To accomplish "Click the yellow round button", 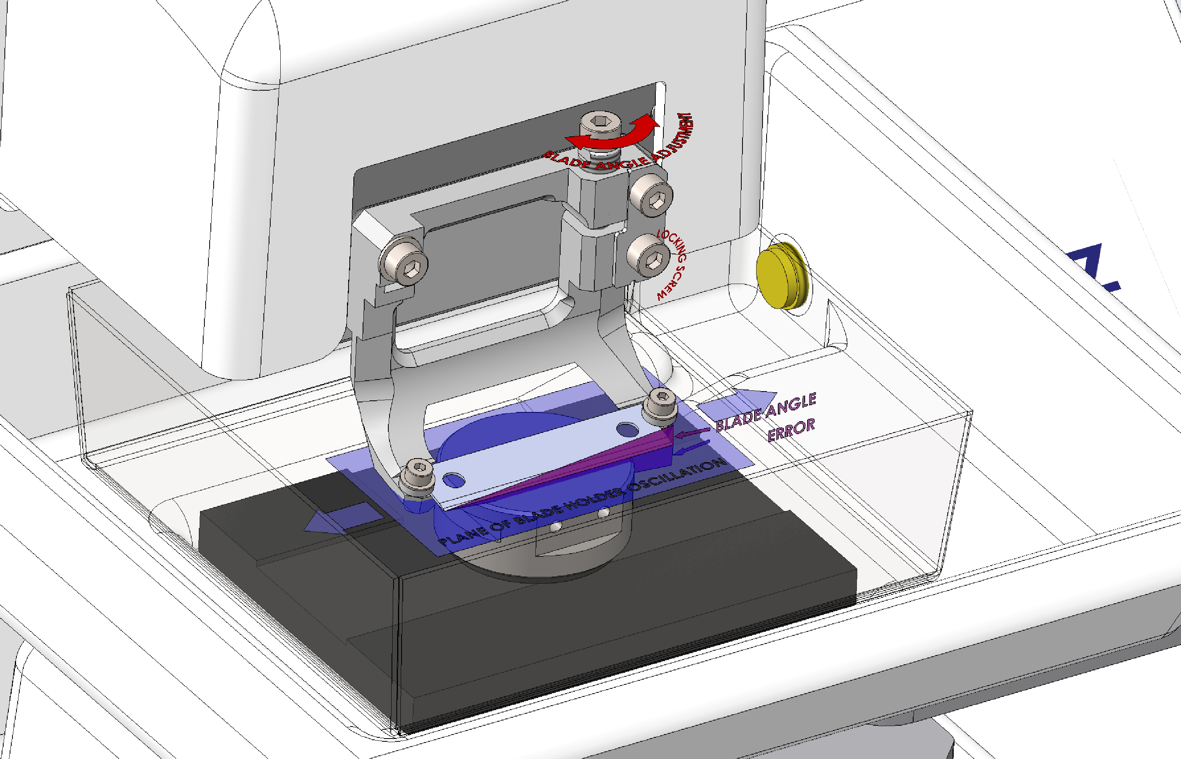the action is (x=782, y=276).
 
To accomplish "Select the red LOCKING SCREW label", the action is (x=672, y=265).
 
